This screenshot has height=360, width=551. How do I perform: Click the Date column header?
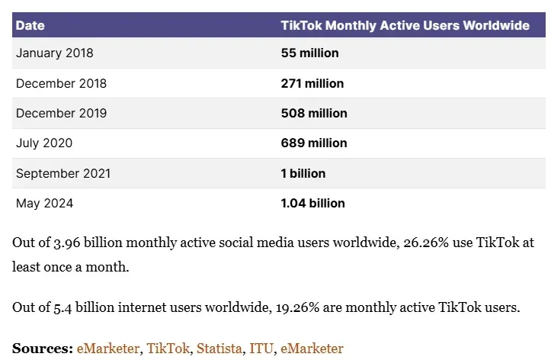[30, 25]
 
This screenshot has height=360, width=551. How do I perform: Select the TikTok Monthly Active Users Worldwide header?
[405, 25]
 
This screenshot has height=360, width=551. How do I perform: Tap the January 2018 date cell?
[55, 53]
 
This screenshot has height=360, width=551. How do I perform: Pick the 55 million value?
[309, 53]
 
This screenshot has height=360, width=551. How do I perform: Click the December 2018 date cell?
[61, 83]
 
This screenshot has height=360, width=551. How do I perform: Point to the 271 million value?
[312, 83]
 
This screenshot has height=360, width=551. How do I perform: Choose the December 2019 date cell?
[61, 113]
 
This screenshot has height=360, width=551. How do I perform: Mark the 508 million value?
[314, 113]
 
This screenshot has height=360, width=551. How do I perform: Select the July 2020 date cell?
[46, 143]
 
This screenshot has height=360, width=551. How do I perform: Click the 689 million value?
[314, 143]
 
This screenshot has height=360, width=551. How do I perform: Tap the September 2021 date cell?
[63, 173]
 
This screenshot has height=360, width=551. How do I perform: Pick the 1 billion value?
[303, 173]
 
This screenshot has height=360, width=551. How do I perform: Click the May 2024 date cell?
[45, 203]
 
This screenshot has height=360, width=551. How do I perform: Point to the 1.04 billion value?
[313, 203]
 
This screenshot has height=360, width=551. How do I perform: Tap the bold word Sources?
[42, 348]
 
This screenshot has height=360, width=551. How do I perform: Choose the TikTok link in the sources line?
[168, 348]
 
